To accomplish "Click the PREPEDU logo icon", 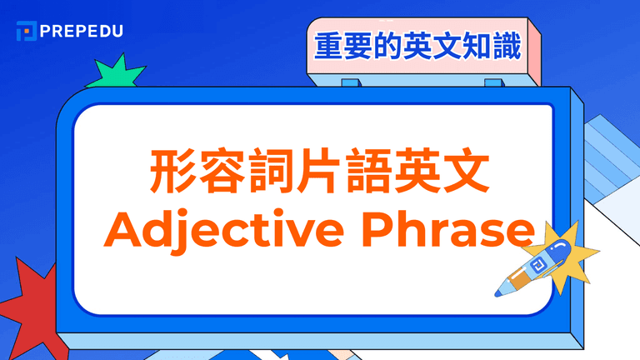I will [26, 31].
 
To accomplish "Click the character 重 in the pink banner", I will [327, 46].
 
